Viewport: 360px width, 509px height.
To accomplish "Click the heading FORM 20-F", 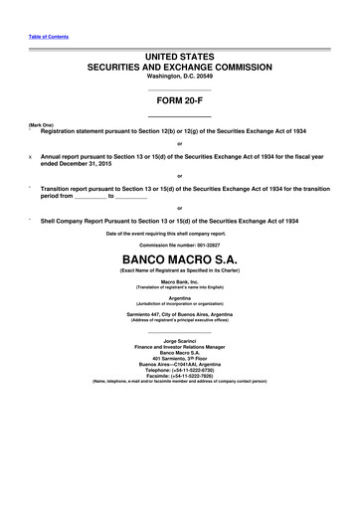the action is (179, 100).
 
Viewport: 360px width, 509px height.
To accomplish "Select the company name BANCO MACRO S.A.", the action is (179, 261).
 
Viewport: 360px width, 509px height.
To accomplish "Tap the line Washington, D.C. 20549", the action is (179, 77).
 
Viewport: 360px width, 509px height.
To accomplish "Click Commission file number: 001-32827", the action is (179, 245).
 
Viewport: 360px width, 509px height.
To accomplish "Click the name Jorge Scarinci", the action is (179, 341).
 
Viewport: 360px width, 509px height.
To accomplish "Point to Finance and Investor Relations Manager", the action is (179, 347).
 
